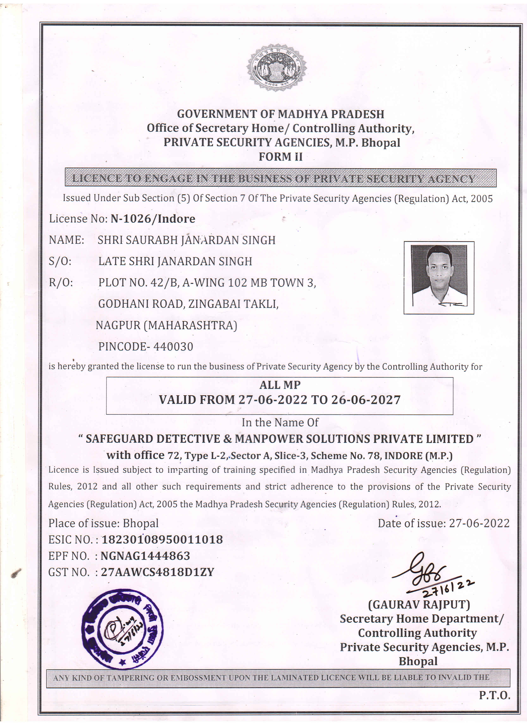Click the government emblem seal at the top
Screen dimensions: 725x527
tap(277, 67)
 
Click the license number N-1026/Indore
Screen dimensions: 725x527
tap(153, 219)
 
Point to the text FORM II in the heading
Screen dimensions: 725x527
tap(280, 157)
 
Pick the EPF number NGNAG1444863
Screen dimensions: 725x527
tap(145, 556)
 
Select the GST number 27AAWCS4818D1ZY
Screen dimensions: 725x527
tap(157, 572)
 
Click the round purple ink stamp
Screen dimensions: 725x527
tap(122, 629)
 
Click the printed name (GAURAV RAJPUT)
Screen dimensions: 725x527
tap(419, 605)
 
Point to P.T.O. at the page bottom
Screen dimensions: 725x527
tap(494, 695)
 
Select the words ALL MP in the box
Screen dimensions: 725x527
tap(280, 385)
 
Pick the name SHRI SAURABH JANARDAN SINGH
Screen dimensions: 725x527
tap(186, 240)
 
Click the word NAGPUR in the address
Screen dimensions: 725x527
tap(118, 326)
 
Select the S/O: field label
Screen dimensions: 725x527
tap(60, 261)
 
